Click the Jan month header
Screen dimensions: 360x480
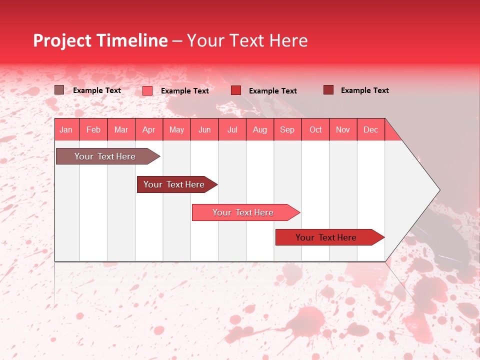coord(66,129)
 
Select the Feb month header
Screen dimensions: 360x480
coord(93,129)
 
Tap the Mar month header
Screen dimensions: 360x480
coord(121,129)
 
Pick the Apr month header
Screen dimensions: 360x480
coord(149,129)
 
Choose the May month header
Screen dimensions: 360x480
coord(176,129)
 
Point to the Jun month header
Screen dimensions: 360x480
coord(204,129)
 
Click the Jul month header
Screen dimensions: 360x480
coord(232,129)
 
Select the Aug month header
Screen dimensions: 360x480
coord(260,129)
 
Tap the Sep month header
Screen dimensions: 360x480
coord(287,129)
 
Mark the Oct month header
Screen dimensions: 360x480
coord(315,129)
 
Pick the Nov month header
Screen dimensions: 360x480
coord(343,129)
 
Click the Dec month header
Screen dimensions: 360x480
coord(371,129)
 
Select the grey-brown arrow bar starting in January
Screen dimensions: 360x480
coord(105,156)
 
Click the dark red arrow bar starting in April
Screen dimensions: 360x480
coord(174,184)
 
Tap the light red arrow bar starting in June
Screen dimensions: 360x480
coord(243,212)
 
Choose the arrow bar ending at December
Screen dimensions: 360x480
coord(326,237)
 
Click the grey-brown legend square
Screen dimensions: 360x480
coord(59,90)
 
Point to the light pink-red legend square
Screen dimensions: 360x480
coord(147,90)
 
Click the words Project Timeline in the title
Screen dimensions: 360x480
coord(100,40)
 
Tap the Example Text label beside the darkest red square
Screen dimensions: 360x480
coord(365,90)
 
